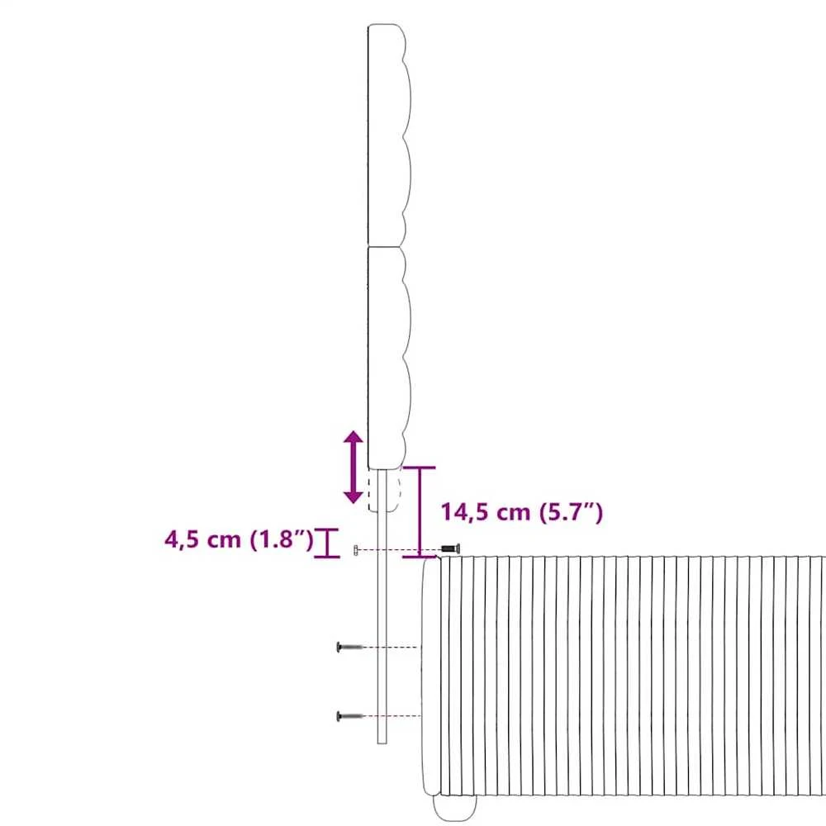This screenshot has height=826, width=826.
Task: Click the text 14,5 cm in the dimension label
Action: pos(485,513)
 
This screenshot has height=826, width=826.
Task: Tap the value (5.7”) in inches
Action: pos(572,513)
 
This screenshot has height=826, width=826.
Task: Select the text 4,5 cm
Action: pos(203,540)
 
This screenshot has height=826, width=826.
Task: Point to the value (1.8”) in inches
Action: pos(282,540)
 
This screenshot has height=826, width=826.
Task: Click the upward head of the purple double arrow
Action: pos(353,440)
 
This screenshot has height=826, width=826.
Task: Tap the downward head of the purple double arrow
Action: pos(353,494)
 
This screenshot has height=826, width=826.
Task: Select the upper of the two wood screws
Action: pos(349,647)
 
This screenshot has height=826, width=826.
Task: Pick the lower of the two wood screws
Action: pos(349,716)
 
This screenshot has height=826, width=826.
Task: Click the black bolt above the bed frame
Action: pos(450,549)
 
